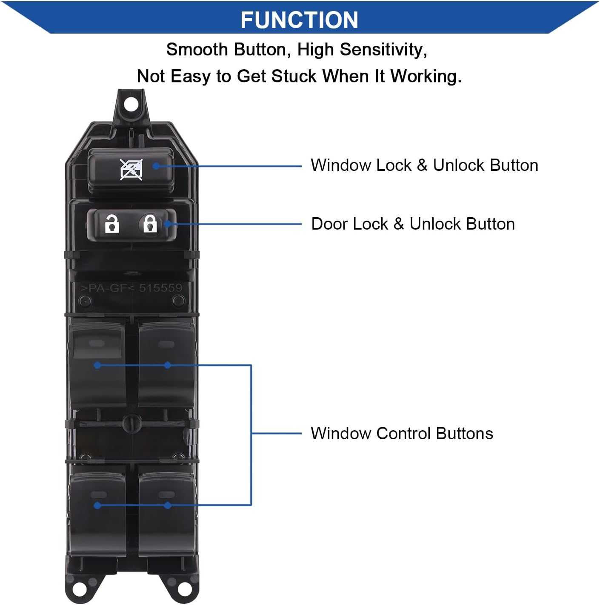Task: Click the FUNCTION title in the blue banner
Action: [x=299, y=20]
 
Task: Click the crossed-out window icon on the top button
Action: [x=131, y=170]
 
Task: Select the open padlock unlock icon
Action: [x=111, y=224]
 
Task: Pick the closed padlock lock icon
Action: [x=149, y=223]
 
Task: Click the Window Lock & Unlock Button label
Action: [x=424, y=165]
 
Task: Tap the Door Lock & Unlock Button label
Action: [x=413, y=224]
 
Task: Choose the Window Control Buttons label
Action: [x=402, y=434]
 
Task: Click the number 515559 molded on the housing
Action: [x=160, y=288]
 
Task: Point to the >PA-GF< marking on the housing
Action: [x=107, y=288]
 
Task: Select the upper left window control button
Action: [x=97, y=361]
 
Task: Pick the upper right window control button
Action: [x=166, y=361]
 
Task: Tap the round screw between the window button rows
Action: [x=131, y=423]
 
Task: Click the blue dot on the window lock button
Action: [x=156, y=166]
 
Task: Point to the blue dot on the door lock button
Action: [x=168, y=224]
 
